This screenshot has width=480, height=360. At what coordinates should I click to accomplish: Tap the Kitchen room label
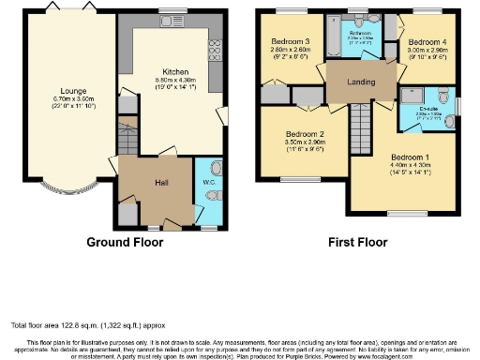pos(175,71)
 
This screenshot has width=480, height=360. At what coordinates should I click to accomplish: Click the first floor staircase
pos(360,122)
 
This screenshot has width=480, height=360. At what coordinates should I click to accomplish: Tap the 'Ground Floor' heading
pos(125,242)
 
